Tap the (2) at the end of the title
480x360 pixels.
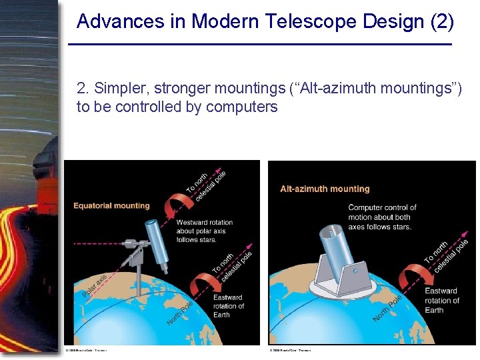pyautogui.click(x=441, y=22)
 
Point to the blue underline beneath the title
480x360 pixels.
pyautogui.click(x=260, y=45)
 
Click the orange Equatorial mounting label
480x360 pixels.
pyautogui.click(x=111, y=206)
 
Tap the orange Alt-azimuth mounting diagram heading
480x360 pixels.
pyautogui.click(x=325, y=189)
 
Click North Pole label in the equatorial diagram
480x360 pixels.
pyautogui.click(x=179, y=313)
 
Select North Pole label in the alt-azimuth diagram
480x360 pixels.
pyautogui.click(x=387, y=308)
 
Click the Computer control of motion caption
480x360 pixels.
pyautogui.click(x=382, y=217)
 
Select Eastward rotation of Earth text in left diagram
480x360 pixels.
pyautogui.click(x=228, y=306)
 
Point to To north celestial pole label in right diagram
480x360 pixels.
pyautogui.click(x=446, y=253)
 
